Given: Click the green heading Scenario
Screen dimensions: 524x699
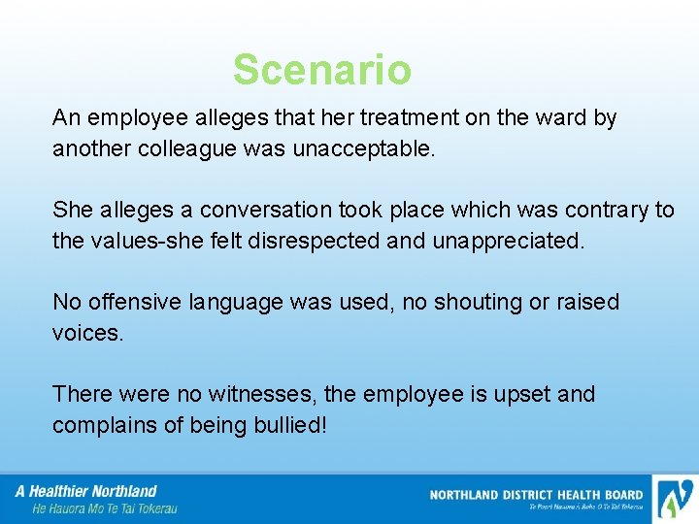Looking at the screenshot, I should [321, 70].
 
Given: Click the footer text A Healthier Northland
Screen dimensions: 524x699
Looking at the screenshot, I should [85, 491].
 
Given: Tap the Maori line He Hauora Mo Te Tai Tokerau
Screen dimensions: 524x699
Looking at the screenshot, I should [105, 508].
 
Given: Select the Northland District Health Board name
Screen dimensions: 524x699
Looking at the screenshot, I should [536, 495].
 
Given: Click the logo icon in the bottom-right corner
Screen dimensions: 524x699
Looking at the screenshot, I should [674, 499].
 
